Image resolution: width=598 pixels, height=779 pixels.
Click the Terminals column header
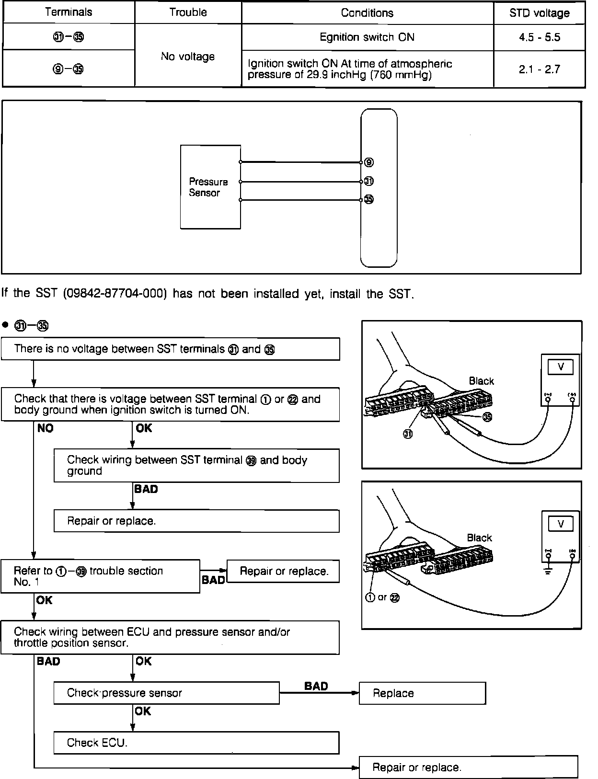click(69, 12)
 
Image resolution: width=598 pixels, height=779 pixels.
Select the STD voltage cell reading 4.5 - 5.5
click(539, 37)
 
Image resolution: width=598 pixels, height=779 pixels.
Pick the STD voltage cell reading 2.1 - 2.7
click(539, 69)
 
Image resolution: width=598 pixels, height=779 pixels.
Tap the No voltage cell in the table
click(188, 57)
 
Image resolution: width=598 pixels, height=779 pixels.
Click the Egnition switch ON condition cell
click(367, 37)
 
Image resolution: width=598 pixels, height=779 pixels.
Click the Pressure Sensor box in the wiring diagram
click(210, 187)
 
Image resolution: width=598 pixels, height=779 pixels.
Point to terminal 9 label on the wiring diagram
click(369, 162)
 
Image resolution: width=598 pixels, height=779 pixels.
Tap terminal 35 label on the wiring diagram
click(369, 199)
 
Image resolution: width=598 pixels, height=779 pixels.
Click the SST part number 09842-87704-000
click(115, 294)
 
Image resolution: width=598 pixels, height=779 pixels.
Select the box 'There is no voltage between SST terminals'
click(170, 349)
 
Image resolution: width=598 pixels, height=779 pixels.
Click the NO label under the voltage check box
click(46, 428)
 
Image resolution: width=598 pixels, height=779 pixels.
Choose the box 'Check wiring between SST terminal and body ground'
click(196, 465)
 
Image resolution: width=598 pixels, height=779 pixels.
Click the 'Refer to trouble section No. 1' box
click(100, 576)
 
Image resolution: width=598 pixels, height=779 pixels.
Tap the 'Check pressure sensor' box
click(166, 693)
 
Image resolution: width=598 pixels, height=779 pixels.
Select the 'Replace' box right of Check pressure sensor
click(422, 693)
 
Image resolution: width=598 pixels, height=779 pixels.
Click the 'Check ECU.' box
click(196, 743)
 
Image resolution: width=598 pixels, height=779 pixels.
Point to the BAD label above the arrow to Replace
click(316, 686)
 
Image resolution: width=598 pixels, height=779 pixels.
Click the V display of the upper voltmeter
click(561, 367)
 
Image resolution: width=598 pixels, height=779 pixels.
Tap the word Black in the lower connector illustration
click(479, 538)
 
